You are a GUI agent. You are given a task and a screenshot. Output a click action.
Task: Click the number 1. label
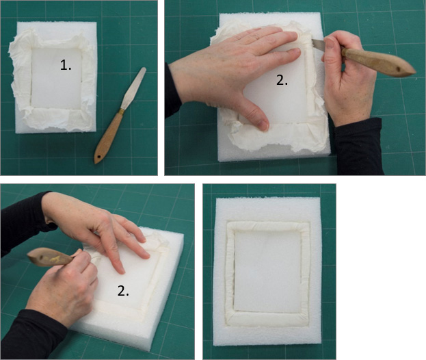point(66,65)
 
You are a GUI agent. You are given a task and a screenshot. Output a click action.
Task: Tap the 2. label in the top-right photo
point(282,80)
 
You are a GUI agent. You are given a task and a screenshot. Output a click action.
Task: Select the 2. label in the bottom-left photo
point(123,291)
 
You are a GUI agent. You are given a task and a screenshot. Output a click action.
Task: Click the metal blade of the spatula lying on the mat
point(133,88)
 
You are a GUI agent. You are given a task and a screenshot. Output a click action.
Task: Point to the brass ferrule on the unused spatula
point(121,111)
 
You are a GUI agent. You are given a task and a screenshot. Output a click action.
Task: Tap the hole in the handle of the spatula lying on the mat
point(98,157)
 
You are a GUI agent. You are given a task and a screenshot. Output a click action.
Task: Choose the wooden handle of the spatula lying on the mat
point(107,138)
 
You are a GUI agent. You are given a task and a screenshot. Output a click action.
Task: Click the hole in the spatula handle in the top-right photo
point(399,70)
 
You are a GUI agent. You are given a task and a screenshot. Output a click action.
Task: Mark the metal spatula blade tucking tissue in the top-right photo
point(319,45)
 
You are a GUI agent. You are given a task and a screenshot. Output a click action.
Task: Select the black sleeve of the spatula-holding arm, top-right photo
point(358,147)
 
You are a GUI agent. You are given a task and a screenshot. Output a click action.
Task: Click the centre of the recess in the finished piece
point(267,271)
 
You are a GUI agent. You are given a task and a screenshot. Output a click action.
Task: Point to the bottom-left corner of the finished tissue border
point(228,322)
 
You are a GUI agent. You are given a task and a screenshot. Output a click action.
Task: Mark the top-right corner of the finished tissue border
point(308,224)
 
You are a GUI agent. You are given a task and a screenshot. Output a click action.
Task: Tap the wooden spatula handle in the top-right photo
point(378,62)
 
